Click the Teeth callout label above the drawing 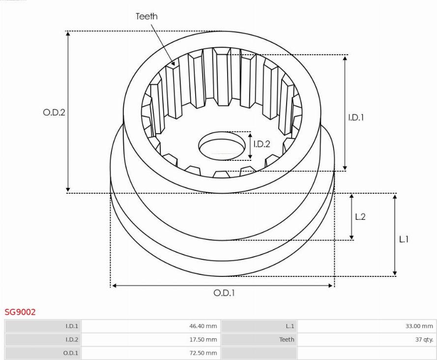click(146, 16)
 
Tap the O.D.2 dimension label click(54, 113)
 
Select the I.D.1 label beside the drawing click(356, 118)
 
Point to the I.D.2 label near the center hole click(262, 144)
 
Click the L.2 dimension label click(360, 217)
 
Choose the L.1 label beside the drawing click(404, 239)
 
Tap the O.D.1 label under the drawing click(224, 293)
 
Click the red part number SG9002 click(20, 312)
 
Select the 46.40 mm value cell click(203, 326)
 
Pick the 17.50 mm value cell click(203, 339)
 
